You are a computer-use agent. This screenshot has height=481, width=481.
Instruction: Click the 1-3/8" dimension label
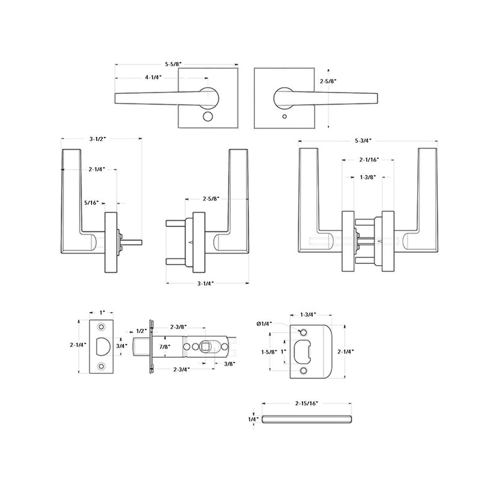click(x=369, y=177)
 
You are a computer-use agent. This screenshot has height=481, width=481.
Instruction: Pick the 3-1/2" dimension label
click(x=97, y=139)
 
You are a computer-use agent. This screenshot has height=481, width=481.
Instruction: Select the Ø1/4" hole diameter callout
click(x=264, y=323)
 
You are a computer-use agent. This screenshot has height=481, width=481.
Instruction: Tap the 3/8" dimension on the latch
click(x=228, y=363)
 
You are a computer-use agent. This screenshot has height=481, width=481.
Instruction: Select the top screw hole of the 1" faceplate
click(x=101, y=327)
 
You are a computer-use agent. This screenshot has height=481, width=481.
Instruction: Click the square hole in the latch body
click(x=205, y=346)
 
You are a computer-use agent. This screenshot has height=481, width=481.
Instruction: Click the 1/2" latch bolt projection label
click(x=141, y=331)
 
